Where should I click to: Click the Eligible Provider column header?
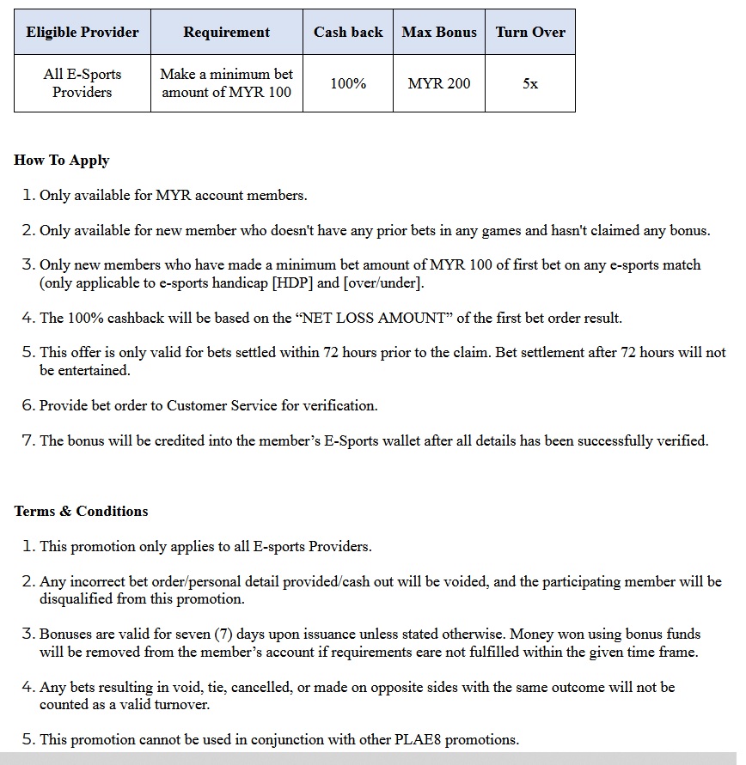83,33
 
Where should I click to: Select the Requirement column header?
227,33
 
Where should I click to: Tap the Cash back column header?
348,33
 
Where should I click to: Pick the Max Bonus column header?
439,33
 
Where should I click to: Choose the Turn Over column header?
530,33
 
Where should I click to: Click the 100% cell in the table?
348,83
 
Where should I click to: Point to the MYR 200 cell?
439,83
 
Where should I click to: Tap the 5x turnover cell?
530,83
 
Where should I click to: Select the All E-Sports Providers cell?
83,83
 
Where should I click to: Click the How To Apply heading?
62,161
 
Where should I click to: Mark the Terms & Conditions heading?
81,511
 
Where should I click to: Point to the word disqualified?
76,598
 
